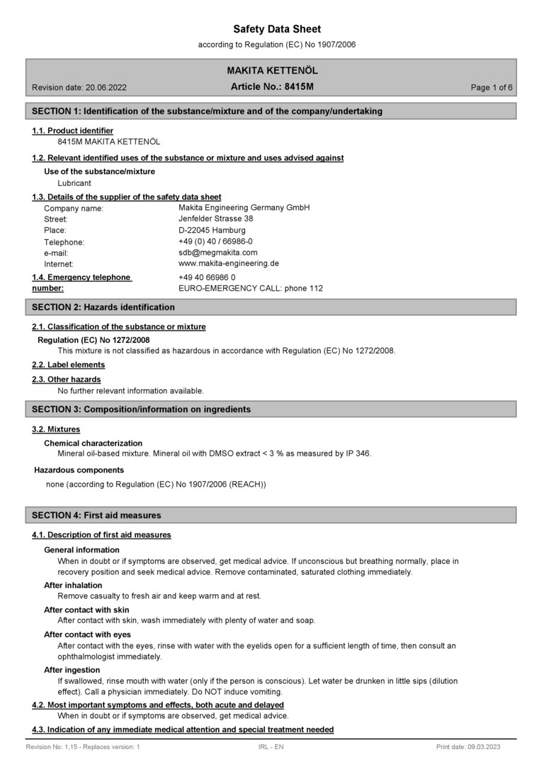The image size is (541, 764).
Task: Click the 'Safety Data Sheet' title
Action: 277,29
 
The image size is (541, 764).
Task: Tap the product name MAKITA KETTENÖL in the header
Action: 272,71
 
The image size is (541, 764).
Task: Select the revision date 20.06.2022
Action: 79,88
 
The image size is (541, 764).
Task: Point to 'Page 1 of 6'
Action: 491,88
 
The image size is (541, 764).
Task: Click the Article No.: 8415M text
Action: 272,87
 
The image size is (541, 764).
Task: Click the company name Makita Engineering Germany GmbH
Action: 244,207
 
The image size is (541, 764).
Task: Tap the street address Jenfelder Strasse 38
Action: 215,219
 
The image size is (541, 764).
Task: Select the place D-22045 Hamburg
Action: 212,230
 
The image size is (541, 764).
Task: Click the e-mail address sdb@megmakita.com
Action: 218,252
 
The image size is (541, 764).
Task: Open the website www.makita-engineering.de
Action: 228,263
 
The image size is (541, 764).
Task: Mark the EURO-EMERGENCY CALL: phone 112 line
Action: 251,289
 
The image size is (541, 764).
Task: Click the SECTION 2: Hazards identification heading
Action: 103,307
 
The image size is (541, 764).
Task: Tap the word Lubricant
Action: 74,183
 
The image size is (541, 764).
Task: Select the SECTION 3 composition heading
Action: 142,409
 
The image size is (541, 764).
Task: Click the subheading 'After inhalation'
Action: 73,585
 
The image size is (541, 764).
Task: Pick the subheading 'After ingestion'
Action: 72,670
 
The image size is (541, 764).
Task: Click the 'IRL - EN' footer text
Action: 271,747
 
